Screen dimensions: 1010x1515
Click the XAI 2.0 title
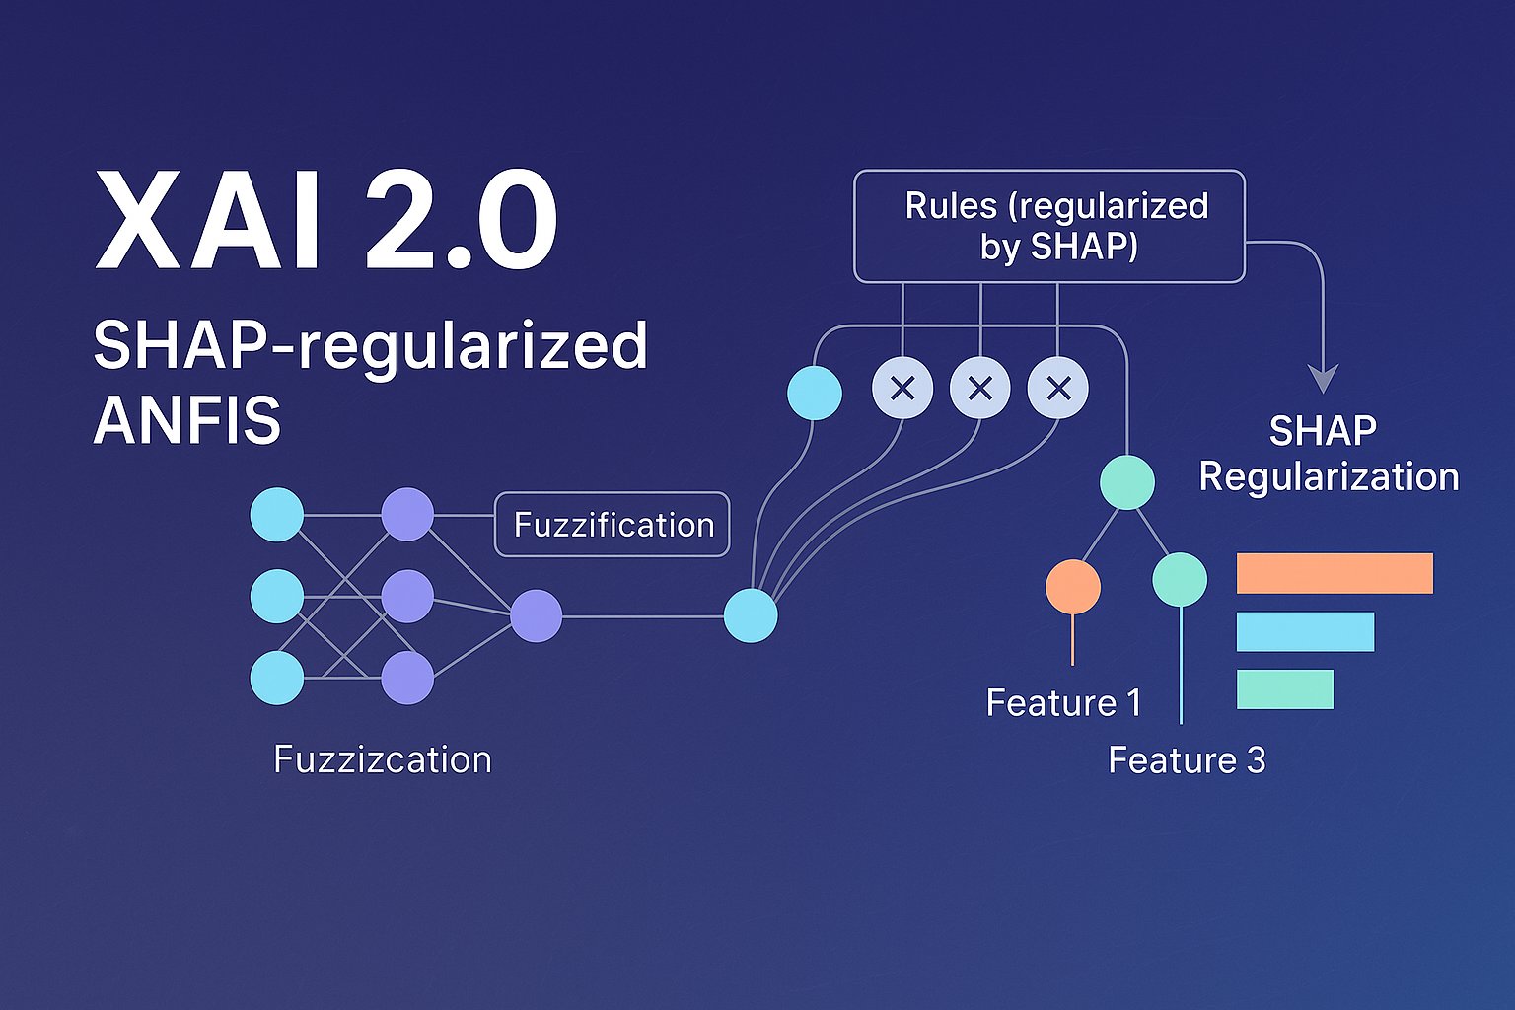[x=325, y=221]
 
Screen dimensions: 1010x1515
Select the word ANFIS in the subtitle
[x=187, y=420]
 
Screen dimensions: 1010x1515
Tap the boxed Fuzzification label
[x=613, y=525]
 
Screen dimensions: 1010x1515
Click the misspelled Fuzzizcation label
[x=382, y=759]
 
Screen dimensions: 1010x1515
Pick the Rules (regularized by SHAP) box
[x=1048, y=227]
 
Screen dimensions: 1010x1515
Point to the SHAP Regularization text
[x=1328, y=454]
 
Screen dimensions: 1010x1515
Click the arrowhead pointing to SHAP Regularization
[x=1323, y=379]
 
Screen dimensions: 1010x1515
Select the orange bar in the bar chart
[x=1335, y=573]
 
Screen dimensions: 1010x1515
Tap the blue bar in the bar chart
[x=1305, y=631]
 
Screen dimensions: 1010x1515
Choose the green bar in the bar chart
[x=1284, y=689]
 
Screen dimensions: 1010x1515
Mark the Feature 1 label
[x=1063, y=703]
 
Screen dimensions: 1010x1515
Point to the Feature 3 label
[x=1187, y=760]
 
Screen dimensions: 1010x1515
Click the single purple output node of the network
[x=537, y=616]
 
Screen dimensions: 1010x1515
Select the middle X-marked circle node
[x=979, y=389]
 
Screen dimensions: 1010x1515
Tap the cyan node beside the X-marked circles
[x=815, y=393]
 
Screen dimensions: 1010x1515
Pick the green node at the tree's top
[x=1127, y=482]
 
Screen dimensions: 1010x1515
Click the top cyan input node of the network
[x=277, y=515]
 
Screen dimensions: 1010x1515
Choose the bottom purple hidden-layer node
[x=407, y=678]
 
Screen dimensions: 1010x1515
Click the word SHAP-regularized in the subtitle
[x=370, y=346]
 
